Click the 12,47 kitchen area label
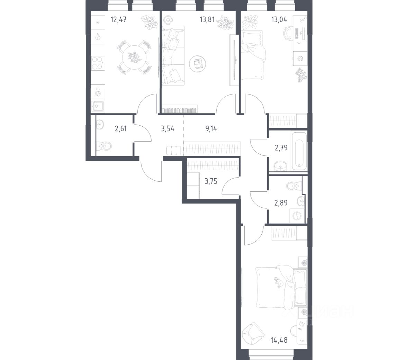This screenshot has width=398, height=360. click(118, 19)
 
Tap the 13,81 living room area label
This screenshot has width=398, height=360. click(207, 19)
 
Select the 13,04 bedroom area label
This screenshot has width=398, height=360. click(279, 19)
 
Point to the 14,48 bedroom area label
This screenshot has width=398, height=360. click(279, 340)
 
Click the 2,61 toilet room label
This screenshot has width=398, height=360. click(120, 129)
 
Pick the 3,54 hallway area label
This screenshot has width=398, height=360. click(168, 129)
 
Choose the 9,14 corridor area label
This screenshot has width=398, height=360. click(211, 129)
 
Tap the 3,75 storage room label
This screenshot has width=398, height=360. click(211, 181)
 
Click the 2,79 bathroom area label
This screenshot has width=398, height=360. click(281, 147)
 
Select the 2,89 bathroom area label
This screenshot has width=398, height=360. click(281, 203)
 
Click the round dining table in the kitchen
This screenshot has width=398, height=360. click(134, 57)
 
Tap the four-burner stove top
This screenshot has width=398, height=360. click(98, 63)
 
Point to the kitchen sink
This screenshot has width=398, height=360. click(98, 106)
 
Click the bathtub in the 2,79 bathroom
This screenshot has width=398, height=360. click(299, 151)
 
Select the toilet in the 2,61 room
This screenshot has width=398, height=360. click(105, 146)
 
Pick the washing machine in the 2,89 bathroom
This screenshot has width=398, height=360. click(297, 216)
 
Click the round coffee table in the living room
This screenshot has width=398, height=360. click(198, 63)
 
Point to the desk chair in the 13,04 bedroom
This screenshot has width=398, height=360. click(288, 34)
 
